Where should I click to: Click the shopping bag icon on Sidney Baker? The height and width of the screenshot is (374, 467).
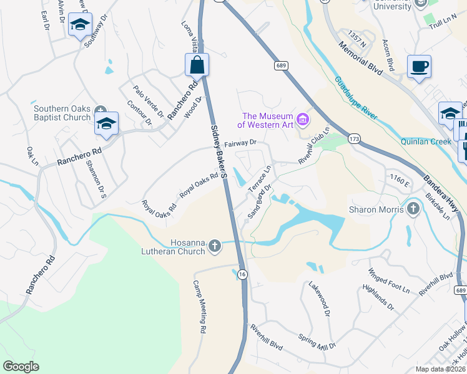[x=197, y=64]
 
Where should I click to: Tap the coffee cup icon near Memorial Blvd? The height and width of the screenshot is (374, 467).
[x=419, y=66]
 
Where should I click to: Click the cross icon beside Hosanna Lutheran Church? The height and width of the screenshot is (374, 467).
[x=215, y=247]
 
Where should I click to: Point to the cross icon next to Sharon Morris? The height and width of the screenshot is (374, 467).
[x=412, y=209]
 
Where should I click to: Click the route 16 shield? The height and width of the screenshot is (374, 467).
[x=242, y=274]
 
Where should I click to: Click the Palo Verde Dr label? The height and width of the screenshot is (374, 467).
[x=148, y=102]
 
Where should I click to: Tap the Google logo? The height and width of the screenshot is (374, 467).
[x=21, y=367]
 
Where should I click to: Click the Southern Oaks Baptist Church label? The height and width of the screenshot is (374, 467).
[x=62, y=113]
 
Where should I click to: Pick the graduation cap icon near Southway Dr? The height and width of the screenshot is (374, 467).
[x=80, y=25]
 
